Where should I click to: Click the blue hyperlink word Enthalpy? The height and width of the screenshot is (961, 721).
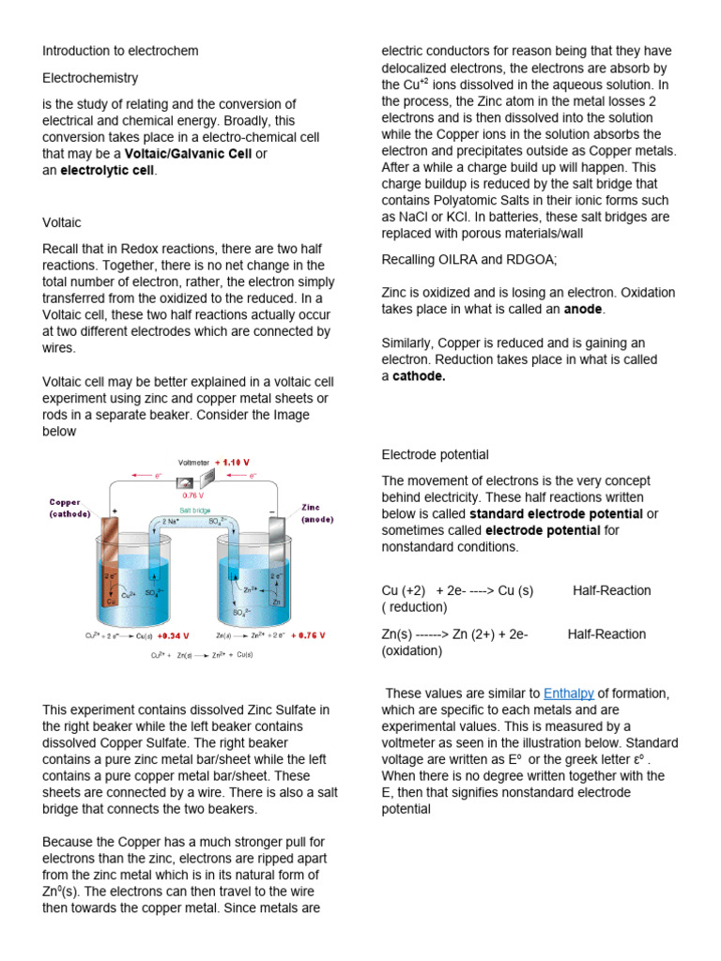(568, 694)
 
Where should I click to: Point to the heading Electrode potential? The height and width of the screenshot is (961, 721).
(435, 454)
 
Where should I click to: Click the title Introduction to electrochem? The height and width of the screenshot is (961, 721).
(120, 51)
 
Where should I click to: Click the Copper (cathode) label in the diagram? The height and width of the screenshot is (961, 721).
(71, 508)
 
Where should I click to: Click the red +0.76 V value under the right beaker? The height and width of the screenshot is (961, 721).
(308, 634)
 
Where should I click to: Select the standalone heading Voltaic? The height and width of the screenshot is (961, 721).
(62, 222)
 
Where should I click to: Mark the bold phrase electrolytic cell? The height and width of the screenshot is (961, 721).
(108, 170)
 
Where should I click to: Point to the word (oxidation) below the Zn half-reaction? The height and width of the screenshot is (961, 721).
(411, 650)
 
